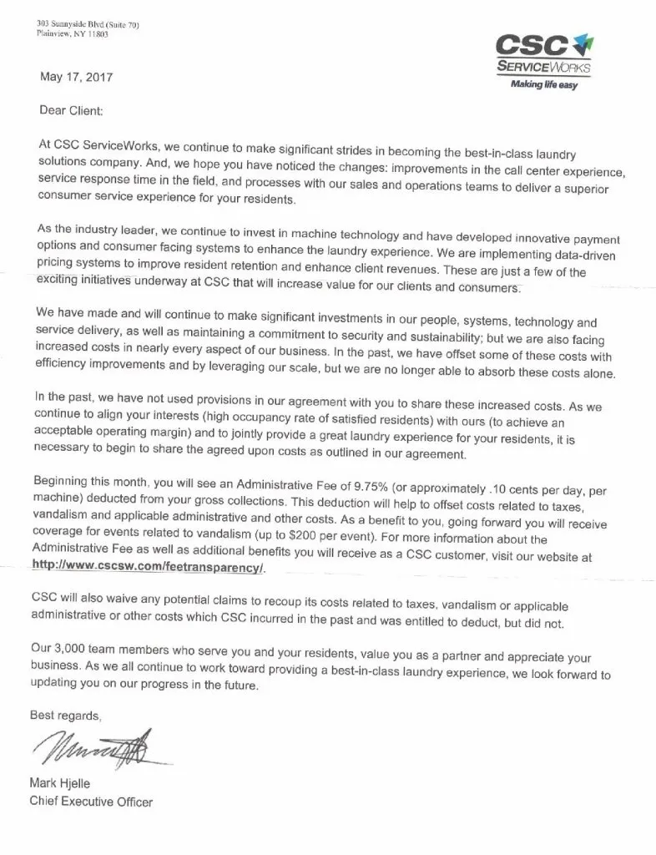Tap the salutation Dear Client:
[73, 109]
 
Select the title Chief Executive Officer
[92, 801]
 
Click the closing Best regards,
[66, 715]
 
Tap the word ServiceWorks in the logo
[543, 67]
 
